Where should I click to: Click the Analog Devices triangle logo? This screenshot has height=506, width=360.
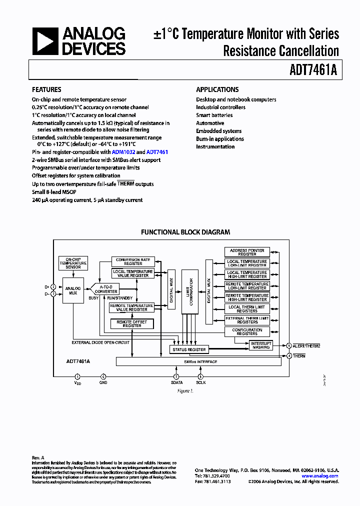[45, 41]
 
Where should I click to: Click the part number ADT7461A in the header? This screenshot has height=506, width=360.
[313, 70]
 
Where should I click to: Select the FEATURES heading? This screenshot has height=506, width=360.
[46, 89]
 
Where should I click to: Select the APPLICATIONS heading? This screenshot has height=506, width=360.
[217, 89]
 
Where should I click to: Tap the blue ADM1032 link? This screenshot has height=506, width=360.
[123, 152]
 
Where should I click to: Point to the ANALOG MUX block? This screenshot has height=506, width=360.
[73, 290]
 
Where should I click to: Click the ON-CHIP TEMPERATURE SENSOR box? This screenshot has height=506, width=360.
[73, 262]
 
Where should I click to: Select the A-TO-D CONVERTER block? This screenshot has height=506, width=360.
[106, 289]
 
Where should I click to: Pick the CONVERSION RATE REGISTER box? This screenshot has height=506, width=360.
[132, 261]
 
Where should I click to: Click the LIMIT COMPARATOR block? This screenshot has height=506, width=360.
[191, 292]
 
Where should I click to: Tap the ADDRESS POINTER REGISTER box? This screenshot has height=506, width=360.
[247, 252]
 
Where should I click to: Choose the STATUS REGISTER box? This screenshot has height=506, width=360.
[189, 349]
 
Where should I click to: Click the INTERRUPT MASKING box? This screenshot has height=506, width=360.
[260, 345]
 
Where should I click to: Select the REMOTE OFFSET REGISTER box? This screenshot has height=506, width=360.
[132, 324]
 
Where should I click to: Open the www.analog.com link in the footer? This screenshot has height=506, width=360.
[319, 476]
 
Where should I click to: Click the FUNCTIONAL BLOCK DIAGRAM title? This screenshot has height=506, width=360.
[185, 232]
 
